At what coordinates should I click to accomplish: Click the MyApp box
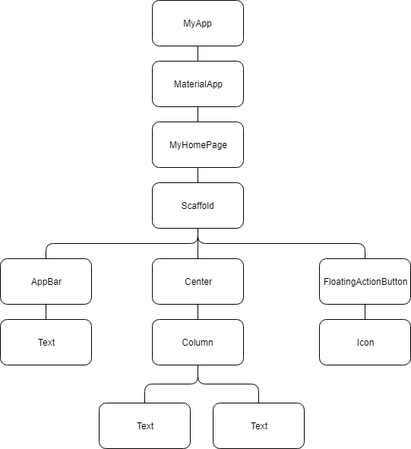coord(198,23)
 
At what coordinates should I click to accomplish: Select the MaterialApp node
coord(198,84)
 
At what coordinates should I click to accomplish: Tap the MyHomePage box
coord(198,144)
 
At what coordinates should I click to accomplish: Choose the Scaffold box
coord(198,205)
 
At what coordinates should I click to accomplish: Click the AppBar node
coord(46,281)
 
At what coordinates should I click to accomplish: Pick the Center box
coord(198,281)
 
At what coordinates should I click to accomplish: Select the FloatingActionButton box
coord(365,281)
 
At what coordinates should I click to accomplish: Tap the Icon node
coord(365,342)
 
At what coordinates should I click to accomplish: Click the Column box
coord(198,342)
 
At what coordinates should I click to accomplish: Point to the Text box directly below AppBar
coord(46,342)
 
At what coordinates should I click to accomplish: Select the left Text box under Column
coord(144,425)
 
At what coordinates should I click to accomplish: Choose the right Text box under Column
coord(258,425)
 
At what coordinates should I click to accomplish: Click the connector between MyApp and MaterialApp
coord(198,53)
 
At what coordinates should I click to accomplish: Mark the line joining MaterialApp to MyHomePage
coord(198,114)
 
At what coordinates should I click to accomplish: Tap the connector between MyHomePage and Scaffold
coord(198,175)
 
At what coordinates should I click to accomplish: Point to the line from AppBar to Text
coord(46,311)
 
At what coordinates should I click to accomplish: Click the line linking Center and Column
coord(198,311)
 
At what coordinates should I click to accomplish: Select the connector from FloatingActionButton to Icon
coord(365,311)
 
